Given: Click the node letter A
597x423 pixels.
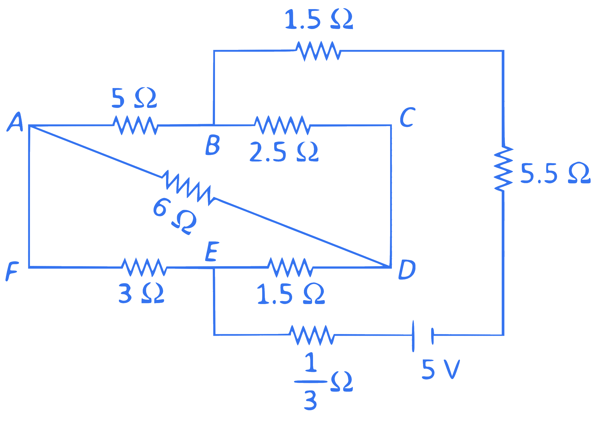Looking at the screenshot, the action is click(x=15, y=122).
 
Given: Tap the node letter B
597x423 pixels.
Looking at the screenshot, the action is click(x=213, y=145).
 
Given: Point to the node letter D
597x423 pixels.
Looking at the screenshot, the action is click(x=407, y=270).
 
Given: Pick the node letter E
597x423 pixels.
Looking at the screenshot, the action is click(x=212, y=251).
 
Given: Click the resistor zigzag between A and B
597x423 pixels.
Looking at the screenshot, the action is click(x=135, y=125).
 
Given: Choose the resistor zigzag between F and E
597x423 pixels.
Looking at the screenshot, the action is click(x=144, y=267).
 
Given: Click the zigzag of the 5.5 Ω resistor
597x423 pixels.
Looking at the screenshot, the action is click(x=503, y=169).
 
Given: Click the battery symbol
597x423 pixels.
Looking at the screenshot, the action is click(x=423, y=336).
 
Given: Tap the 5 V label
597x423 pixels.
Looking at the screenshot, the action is click(x=441, y=369).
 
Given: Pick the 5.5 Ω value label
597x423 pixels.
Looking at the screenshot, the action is click(x=555, y=173).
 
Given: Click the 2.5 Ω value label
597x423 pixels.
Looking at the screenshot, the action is click(x=284, y=152).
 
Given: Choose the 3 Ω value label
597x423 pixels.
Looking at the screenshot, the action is click(x=141, y=293).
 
